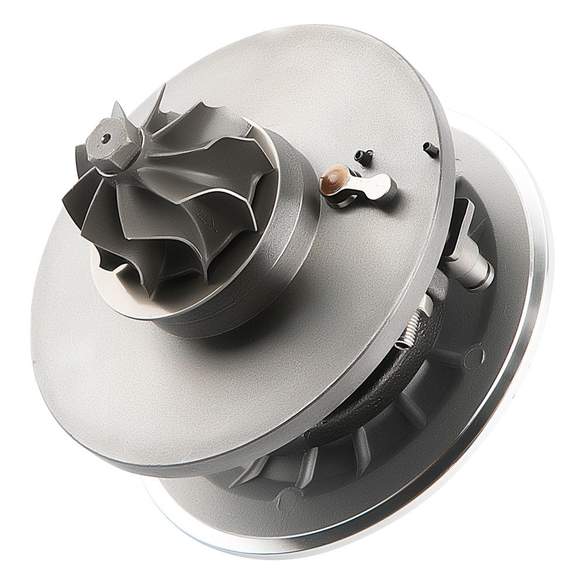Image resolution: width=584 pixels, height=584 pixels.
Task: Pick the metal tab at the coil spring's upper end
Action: pyautogui.click(x=425, y=304)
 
